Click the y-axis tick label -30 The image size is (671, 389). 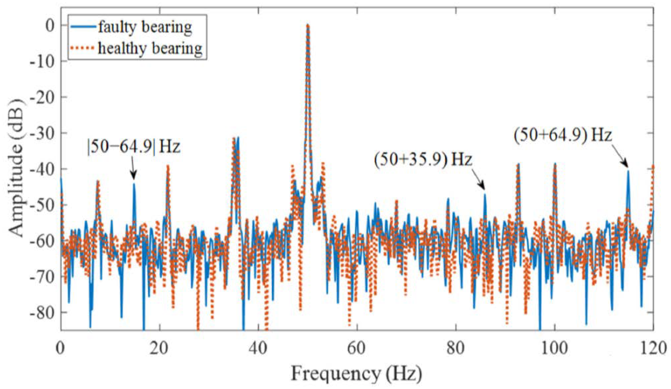[43, 133]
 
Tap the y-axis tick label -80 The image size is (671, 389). [43, 312]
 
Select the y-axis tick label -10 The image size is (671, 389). [43, 61]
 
